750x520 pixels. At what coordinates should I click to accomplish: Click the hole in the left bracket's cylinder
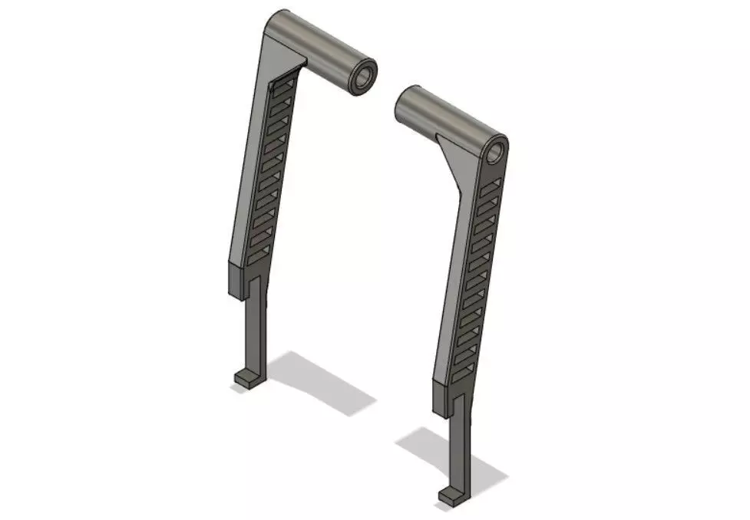[364, 77]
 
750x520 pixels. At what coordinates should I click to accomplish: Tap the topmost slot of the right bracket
[492, 184]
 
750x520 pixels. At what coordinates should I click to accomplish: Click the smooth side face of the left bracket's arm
[249, 169]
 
